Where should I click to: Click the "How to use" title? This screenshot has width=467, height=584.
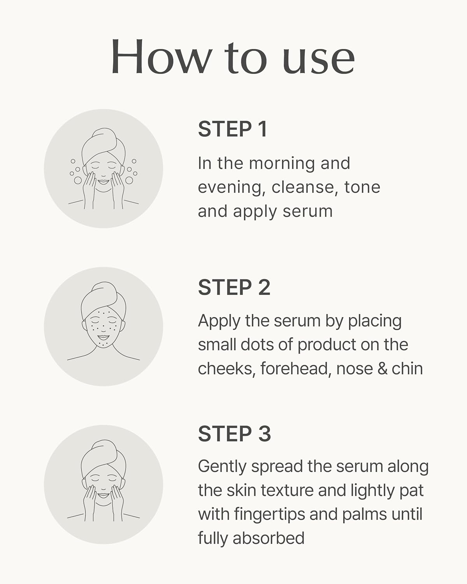(233, 58)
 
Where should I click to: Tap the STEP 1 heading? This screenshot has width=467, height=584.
(233, 129)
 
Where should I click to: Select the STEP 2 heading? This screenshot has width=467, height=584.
(234, 288)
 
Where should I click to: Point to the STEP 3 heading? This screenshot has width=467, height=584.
(234, 434)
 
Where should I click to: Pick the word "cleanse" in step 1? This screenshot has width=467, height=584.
(303, 187)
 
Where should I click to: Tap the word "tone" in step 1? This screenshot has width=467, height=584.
(362, 187)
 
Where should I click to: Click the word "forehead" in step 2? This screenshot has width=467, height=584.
(295, 369)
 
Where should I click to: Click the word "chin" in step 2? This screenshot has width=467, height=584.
(407, 369)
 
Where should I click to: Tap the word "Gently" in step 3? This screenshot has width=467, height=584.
(222, 467)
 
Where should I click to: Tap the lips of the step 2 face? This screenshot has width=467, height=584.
(103, 338)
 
